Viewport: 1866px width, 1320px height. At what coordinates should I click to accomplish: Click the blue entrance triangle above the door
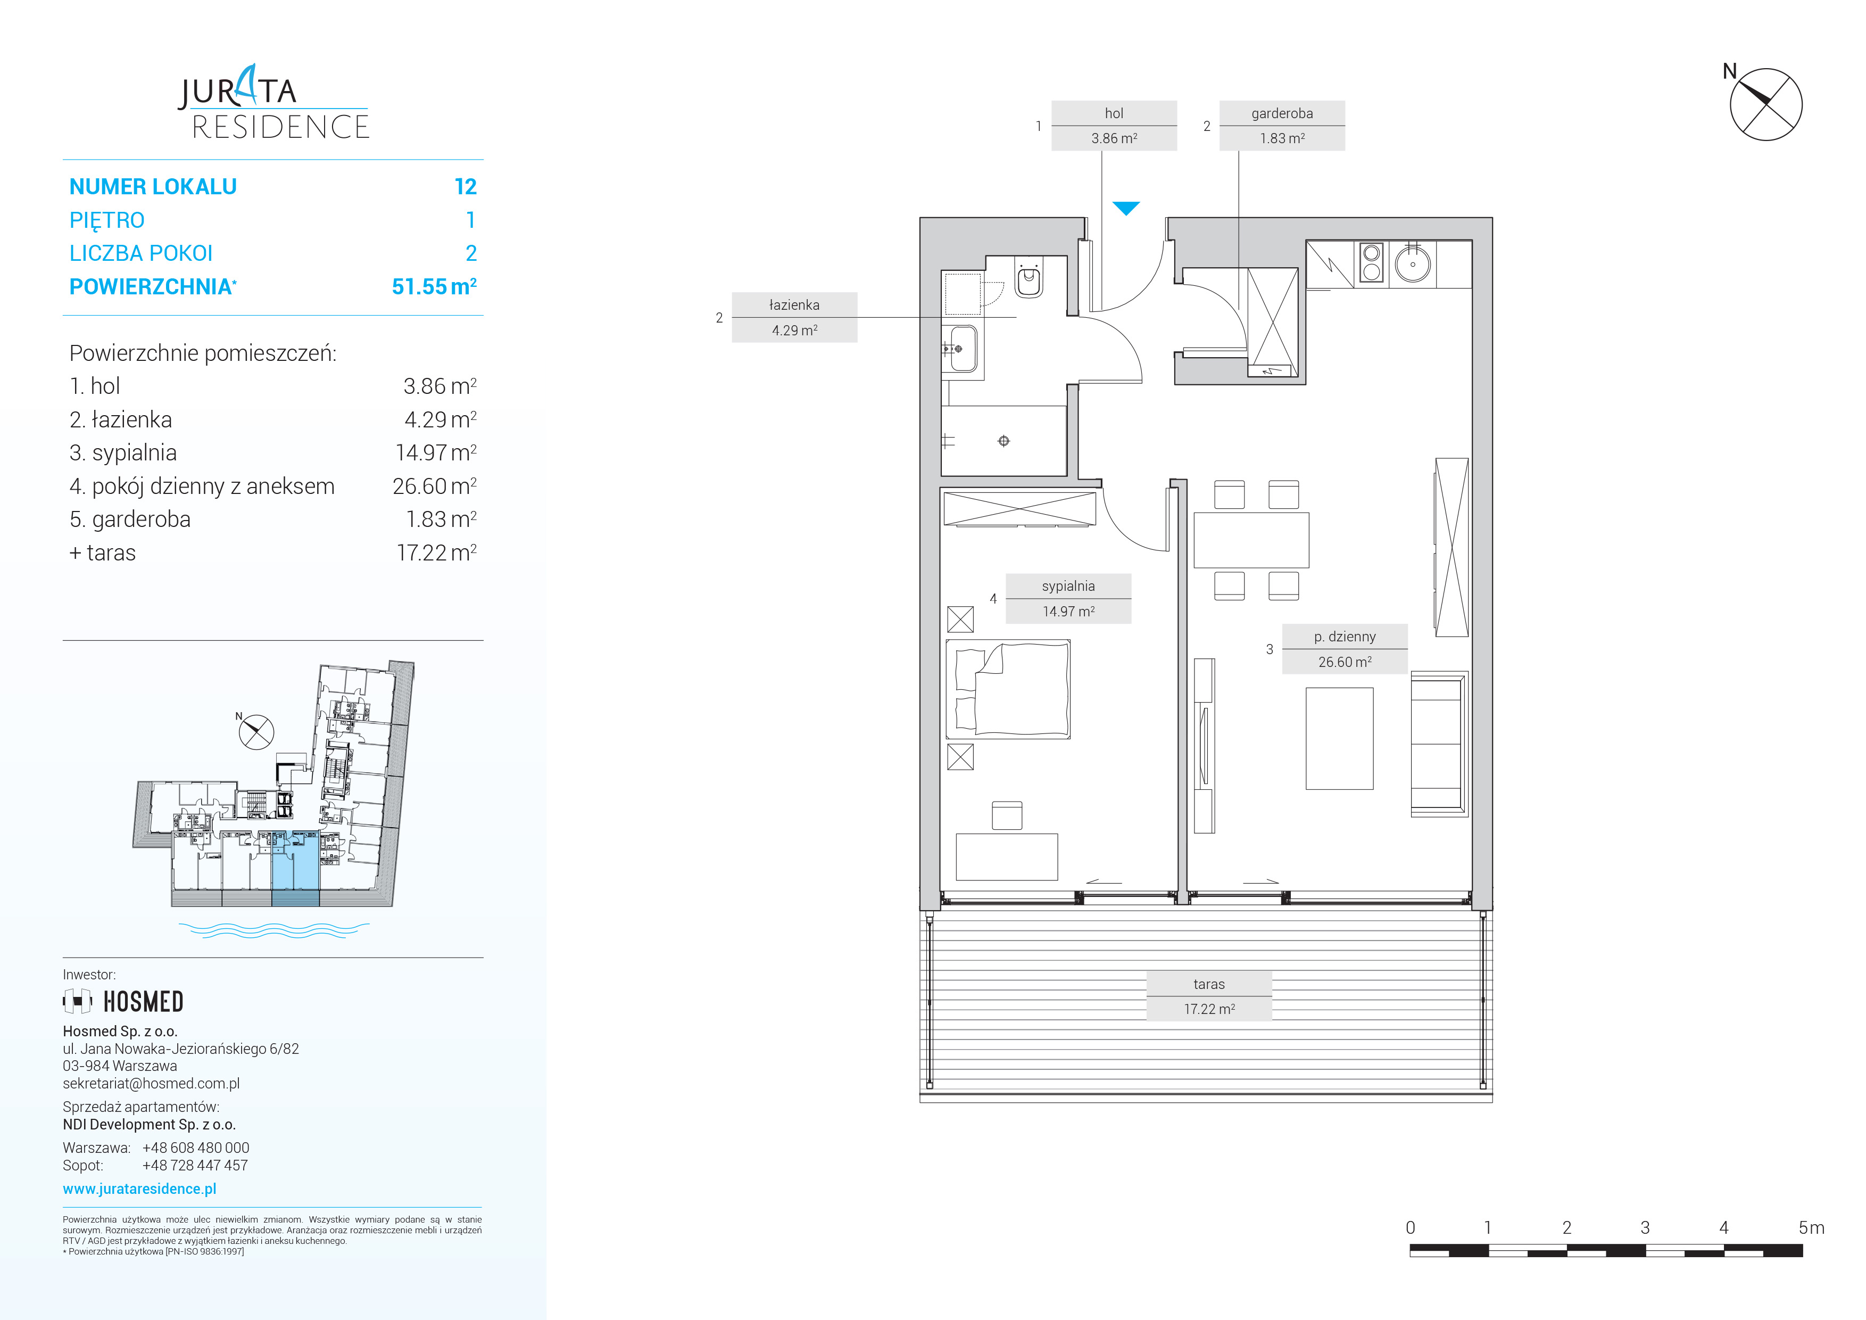[x=1126, y=208]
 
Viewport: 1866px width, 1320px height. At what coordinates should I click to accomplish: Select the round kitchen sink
[x=1413, y=264]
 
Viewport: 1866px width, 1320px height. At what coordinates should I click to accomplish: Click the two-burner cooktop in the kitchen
[x=1372, y=262]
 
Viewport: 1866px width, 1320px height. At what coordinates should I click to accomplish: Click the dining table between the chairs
[x=1251, y=540]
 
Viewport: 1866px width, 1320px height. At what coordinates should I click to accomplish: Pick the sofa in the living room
[x=1439, y=744]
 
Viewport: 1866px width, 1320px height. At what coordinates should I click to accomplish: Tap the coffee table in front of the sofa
[x=1339, y=739]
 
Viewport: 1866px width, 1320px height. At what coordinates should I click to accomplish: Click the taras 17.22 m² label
[x=1209, y=996]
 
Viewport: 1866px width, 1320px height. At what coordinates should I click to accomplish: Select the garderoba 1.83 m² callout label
[x=1282, y=126]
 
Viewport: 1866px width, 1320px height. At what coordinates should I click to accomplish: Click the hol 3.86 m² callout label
[x=1114, y=126]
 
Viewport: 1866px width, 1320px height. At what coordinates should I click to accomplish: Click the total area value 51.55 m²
[x=434, y=286]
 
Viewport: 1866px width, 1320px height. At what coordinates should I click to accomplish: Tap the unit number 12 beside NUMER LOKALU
[x=466, y=187]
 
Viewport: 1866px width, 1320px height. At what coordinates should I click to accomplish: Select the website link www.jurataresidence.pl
[x=140, y=1189]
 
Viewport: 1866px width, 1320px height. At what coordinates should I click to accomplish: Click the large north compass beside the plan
[x=1765, y=104]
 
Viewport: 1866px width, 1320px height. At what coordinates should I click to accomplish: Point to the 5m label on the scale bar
[x=1812, y=1227]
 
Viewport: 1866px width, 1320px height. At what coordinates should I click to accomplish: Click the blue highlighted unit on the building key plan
[x=295, y=868]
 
